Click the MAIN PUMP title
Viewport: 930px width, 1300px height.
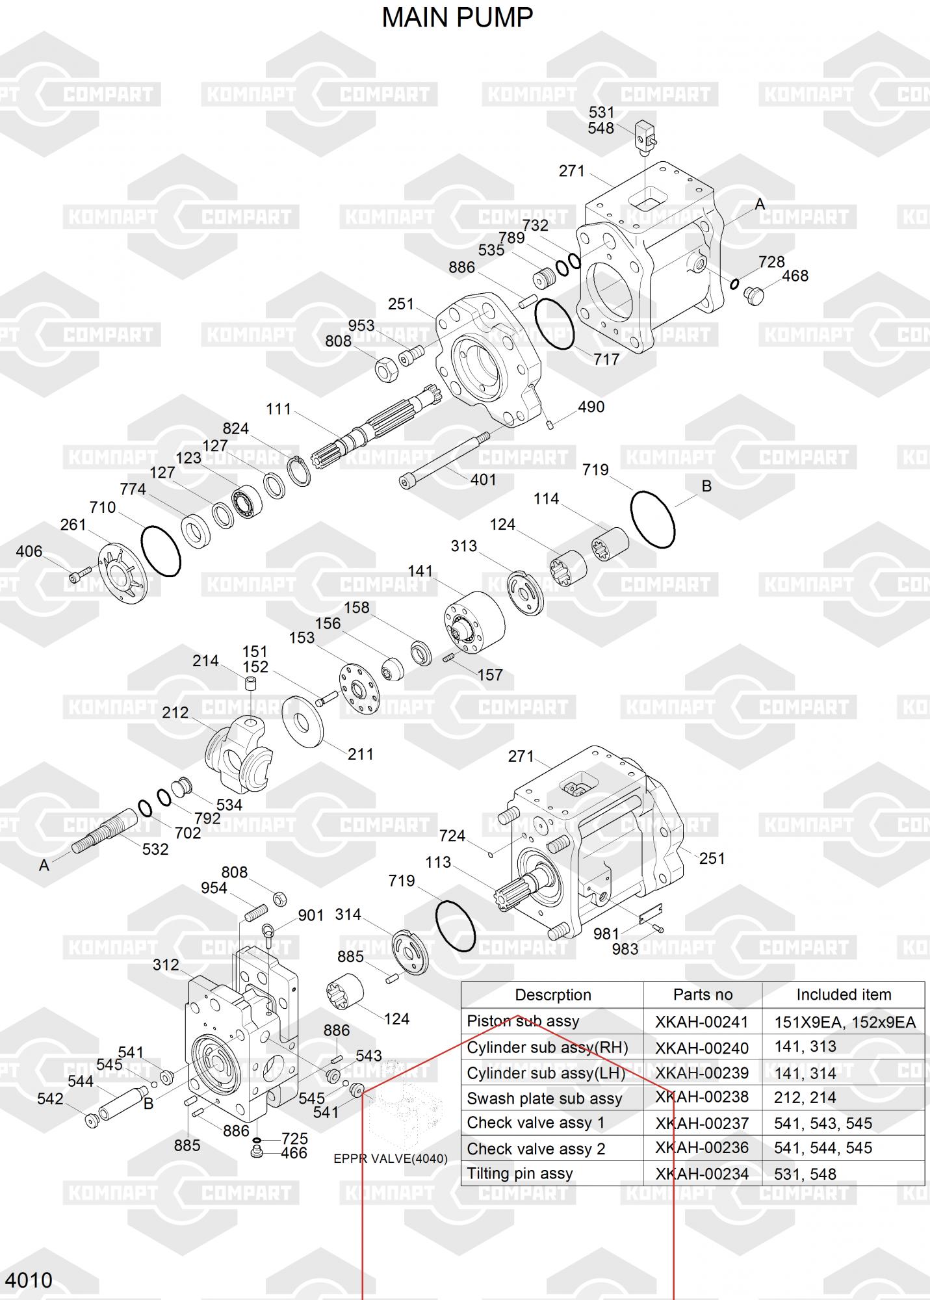tap(457, 18)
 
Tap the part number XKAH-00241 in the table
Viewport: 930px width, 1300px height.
tap(702, 1022)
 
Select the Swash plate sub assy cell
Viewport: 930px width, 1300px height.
tap(545, 1098)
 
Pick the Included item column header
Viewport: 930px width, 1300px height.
tap(844, 994)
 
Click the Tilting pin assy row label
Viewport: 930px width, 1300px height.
tap(520, 1173)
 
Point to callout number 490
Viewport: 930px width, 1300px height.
tap(591, 407)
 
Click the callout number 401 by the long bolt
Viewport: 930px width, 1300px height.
tap(483, 480)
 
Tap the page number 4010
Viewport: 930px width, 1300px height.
tap(30, 1280)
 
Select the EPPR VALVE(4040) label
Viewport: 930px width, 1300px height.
tap(390, 1158)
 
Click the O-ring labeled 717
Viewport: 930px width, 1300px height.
tap(554, 324)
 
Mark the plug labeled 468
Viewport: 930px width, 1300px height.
tap(754, 294)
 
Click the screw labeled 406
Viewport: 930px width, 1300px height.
tap(79, 574)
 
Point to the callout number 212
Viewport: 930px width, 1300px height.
tap(175, 712)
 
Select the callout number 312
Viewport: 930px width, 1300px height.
tap(166, 965)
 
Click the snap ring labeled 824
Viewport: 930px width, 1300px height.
tap(300, 471)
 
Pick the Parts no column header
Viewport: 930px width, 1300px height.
tap(703, 994)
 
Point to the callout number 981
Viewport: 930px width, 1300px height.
tap(606, 934)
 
